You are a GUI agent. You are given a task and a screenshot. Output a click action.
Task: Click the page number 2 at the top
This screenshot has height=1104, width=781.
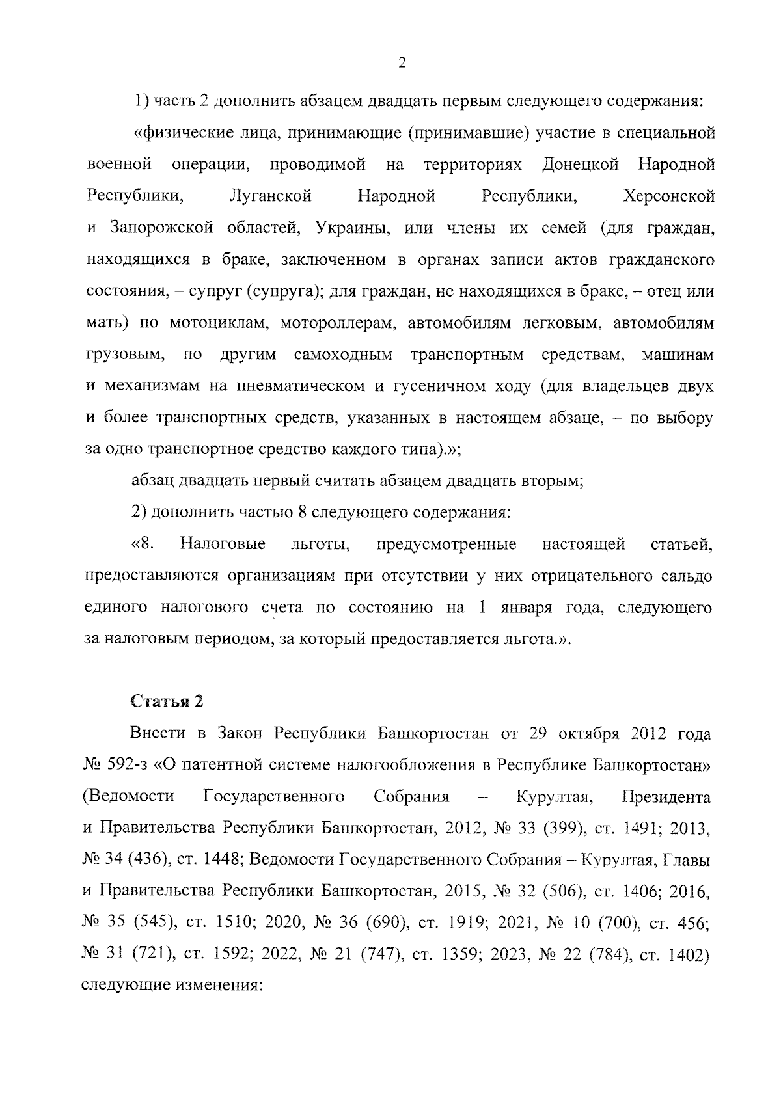coord(402,63)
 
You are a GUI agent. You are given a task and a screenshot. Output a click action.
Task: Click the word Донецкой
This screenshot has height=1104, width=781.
coord(580,165)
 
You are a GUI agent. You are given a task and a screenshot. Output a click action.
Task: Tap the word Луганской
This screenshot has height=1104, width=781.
coord(271,196)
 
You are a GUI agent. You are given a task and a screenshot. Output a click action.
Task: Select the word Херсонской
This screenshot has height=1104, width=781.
coord(668,196)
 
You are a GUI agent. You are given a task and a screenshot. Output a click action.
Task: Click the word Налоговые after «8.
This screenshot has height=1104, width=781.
coord(223,544)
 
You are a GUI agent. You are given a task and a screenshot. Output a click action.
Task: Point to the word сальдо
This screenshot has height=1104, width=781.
coord(690,576)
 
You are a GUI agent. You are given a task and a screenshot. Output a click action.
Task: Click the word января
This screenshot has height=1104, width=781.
coord(527,608)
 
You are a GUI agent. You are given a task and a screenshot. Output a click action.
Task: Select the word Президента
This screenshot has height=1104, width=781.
coord(666,797)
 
